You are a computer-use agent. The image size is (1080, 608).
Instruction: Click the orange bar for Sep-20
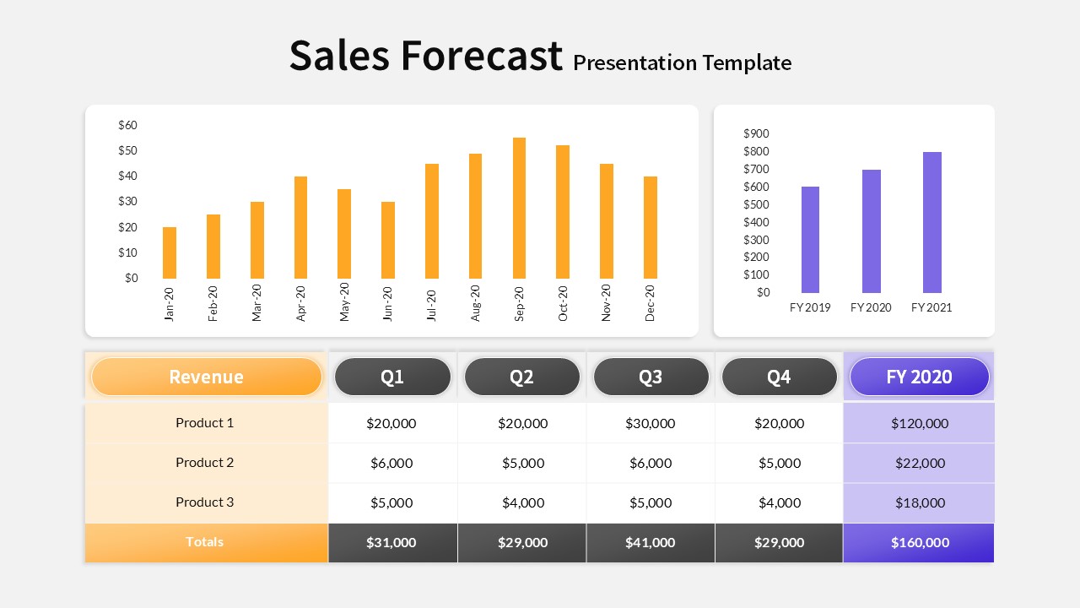click(x=520, y=208)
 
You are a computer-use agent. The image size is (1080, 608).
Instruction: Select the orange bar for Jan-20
click(x=170, y=252)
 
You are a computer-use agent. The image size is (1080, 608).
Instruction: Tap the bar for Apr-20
click(x=300, y=227)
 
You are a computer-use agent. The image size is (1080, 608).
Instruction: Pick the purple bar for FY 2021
click(x=931, y=222)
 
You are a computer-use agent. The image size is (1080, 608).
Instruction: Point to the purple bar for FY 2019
click(x=810, y=240)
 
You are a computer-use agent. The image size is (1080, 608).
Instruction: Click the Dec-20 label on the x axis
click(x=651, y=302)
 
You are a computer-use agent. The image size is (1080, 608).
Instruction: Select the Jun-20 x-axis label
click(x=388, y=303)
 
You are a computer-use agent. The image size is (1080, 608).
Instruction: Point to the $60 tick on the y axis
click(x=128, y=125)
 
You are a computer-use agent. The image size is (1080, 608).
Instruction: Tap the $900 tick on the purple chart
click(x=756, y=133)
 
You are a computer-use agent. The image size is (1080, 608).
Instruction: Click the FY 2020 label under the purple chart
click(x=871, y=307)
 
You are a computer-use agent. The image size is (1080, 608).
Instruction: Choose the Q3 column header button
click(x=651, y=377)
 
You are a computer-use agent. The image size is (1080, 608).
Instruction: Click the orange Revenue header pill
click(x=206, y=377)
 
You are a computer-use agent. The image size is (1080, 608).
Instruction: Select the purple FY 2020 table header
click(x=919, y=377)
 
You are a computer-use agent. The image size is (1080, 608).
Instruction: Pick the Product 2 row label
click(x=205, y=463)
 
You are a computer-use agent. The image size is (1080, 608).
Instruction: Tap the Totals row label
click(x=205, y=542)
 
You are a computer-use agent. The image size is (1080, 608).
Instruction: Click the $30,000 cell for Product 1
click(x=651, y=423)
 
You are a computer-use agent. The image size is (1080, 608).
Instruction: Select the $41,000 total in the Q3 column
click(x=651, y=543)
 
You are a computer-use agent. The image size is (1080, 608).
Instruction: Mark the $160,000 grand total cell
click(x=919, y=543)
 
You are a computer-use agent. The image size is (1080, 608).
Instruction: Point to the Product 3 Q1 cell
click(x=391, y=502)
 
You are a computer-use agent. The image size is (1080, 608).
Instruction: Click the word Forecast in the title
click(x=481, y=56)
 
